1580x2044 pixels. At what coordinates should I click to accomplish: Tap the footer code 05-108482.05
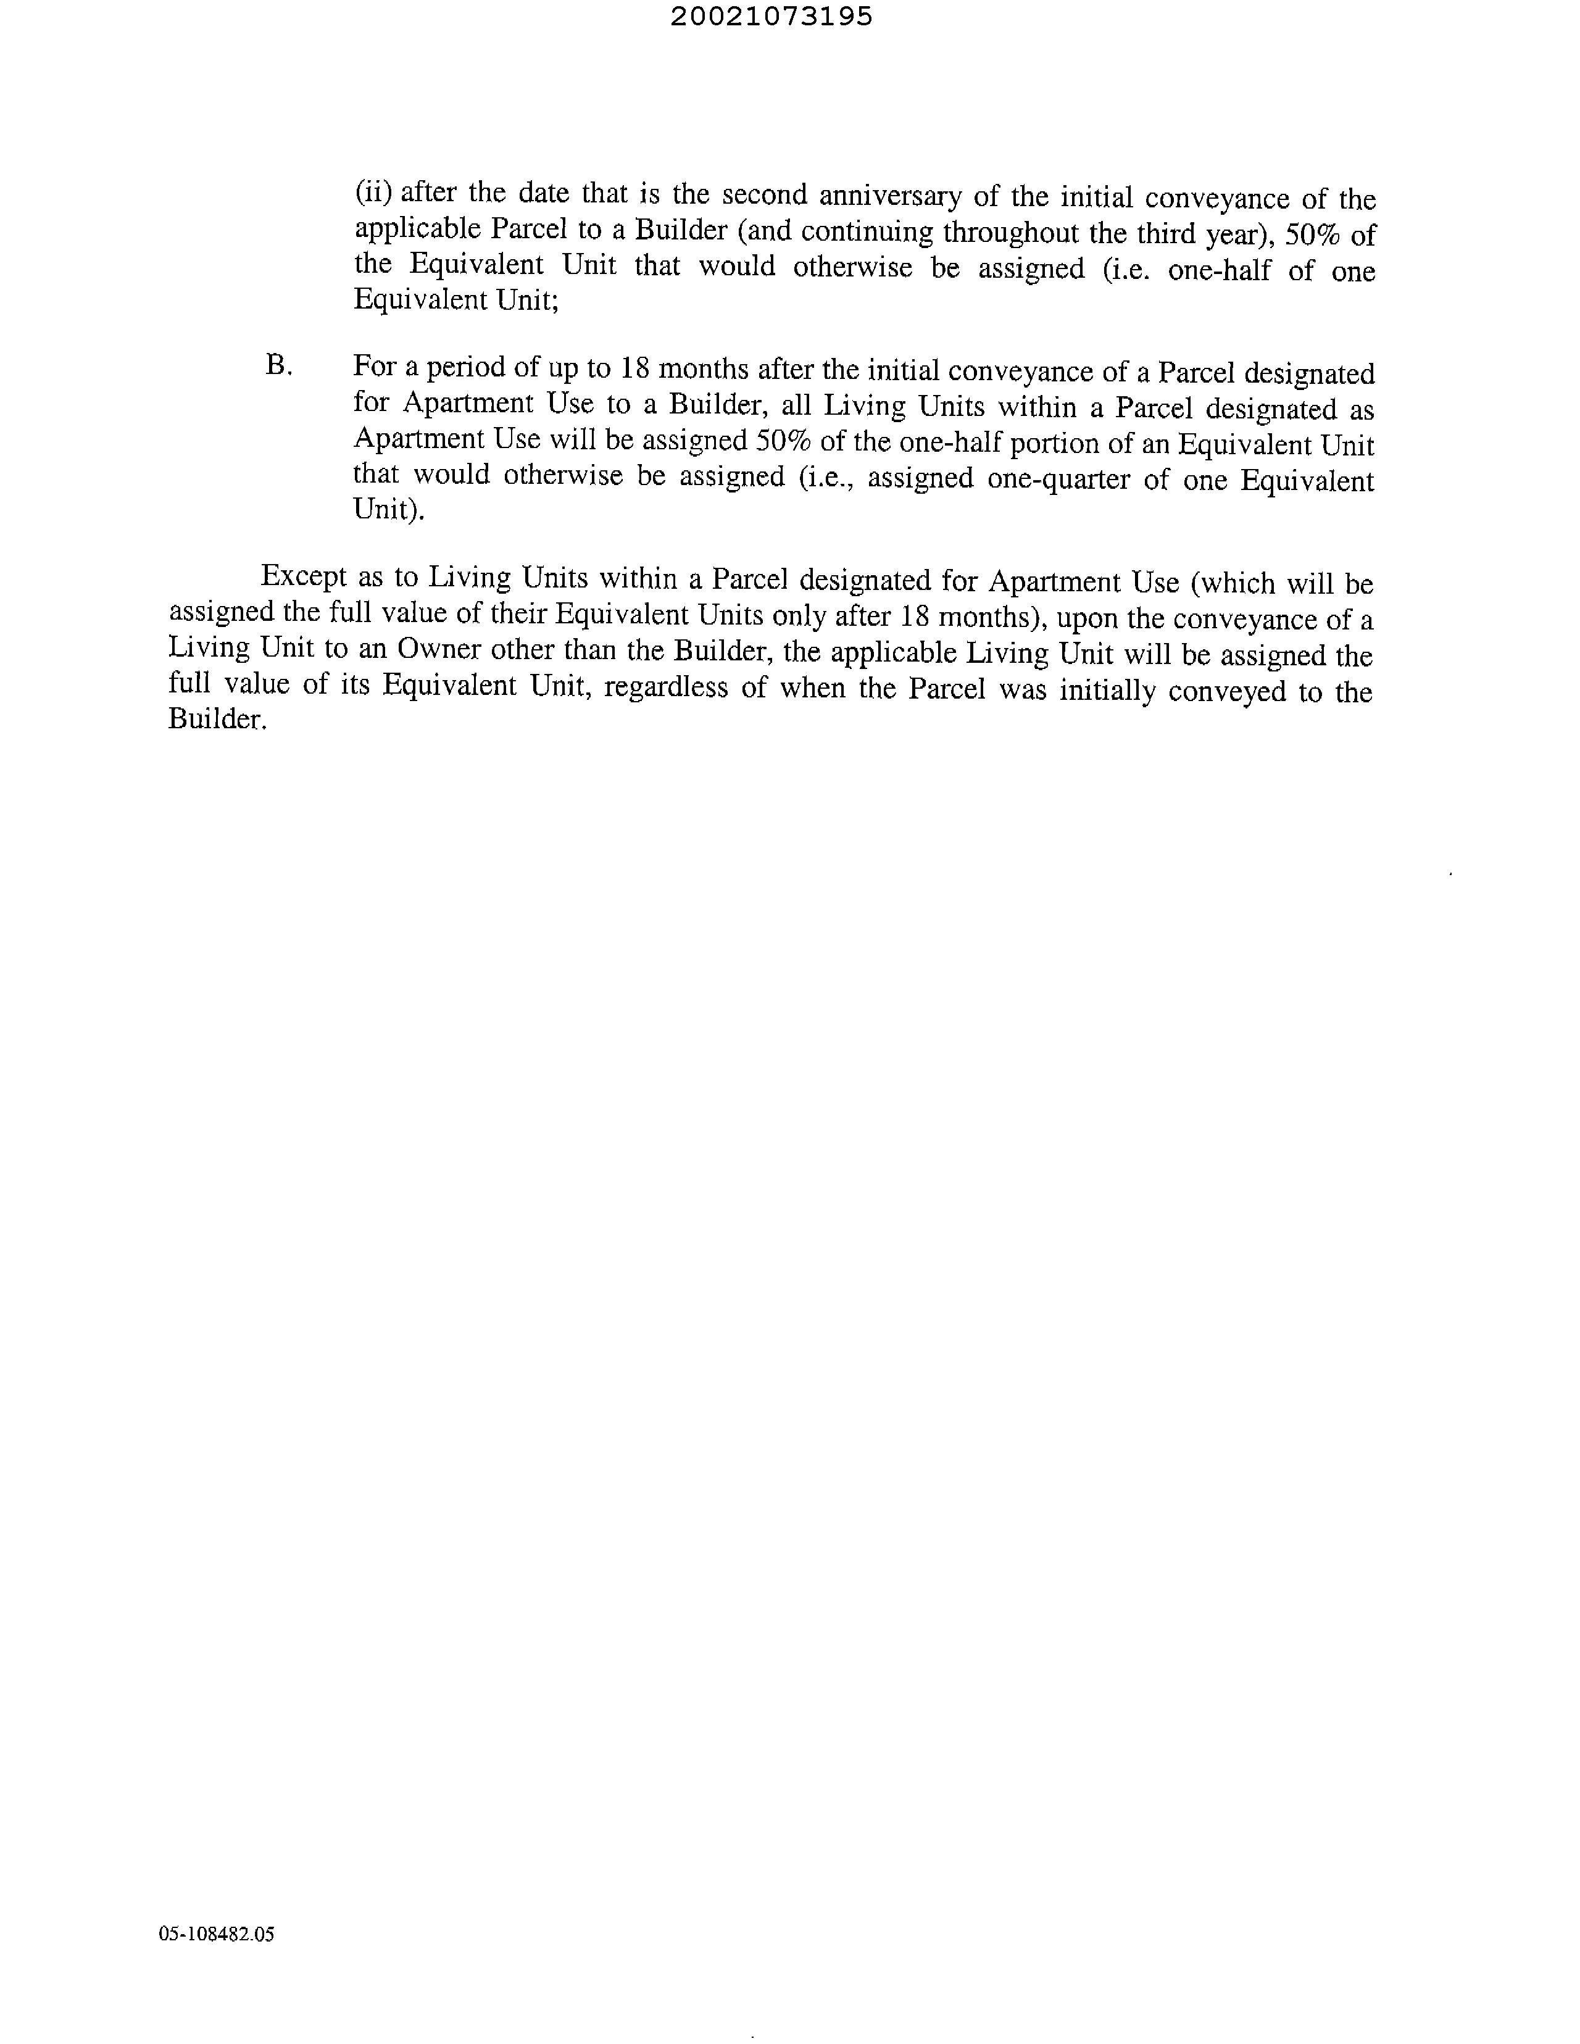(x=216, y=1934)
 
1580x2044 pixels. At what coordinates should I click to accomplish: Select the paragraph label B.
(x=279, y=365)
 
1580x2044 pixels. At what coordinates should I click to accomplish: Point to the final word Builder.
(x=217, y=719)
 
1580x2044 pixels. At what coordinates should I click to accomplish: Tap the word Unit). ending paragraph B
(x=388, y=510)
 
